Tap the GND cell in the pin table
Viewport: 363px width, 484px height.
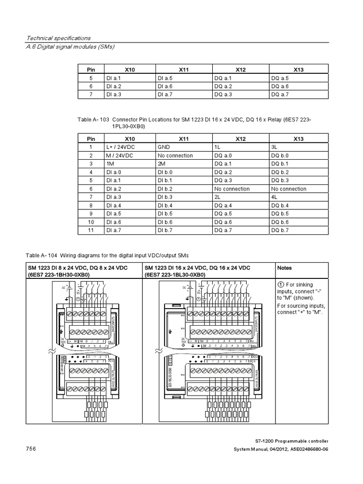164,147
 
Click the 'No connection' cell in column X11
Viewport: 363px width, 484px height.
175,156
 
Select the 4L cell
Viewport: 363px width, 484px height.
274,197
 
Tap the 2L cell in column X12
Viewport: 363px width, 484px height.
217,197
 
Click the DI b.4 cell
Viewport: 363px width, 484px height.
166,205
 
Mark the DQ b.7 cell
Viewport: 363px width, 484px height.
279,230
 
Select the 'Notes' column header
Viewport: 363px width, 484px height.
285,268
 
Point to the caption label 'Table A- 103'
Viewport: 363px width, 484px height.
93,120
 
